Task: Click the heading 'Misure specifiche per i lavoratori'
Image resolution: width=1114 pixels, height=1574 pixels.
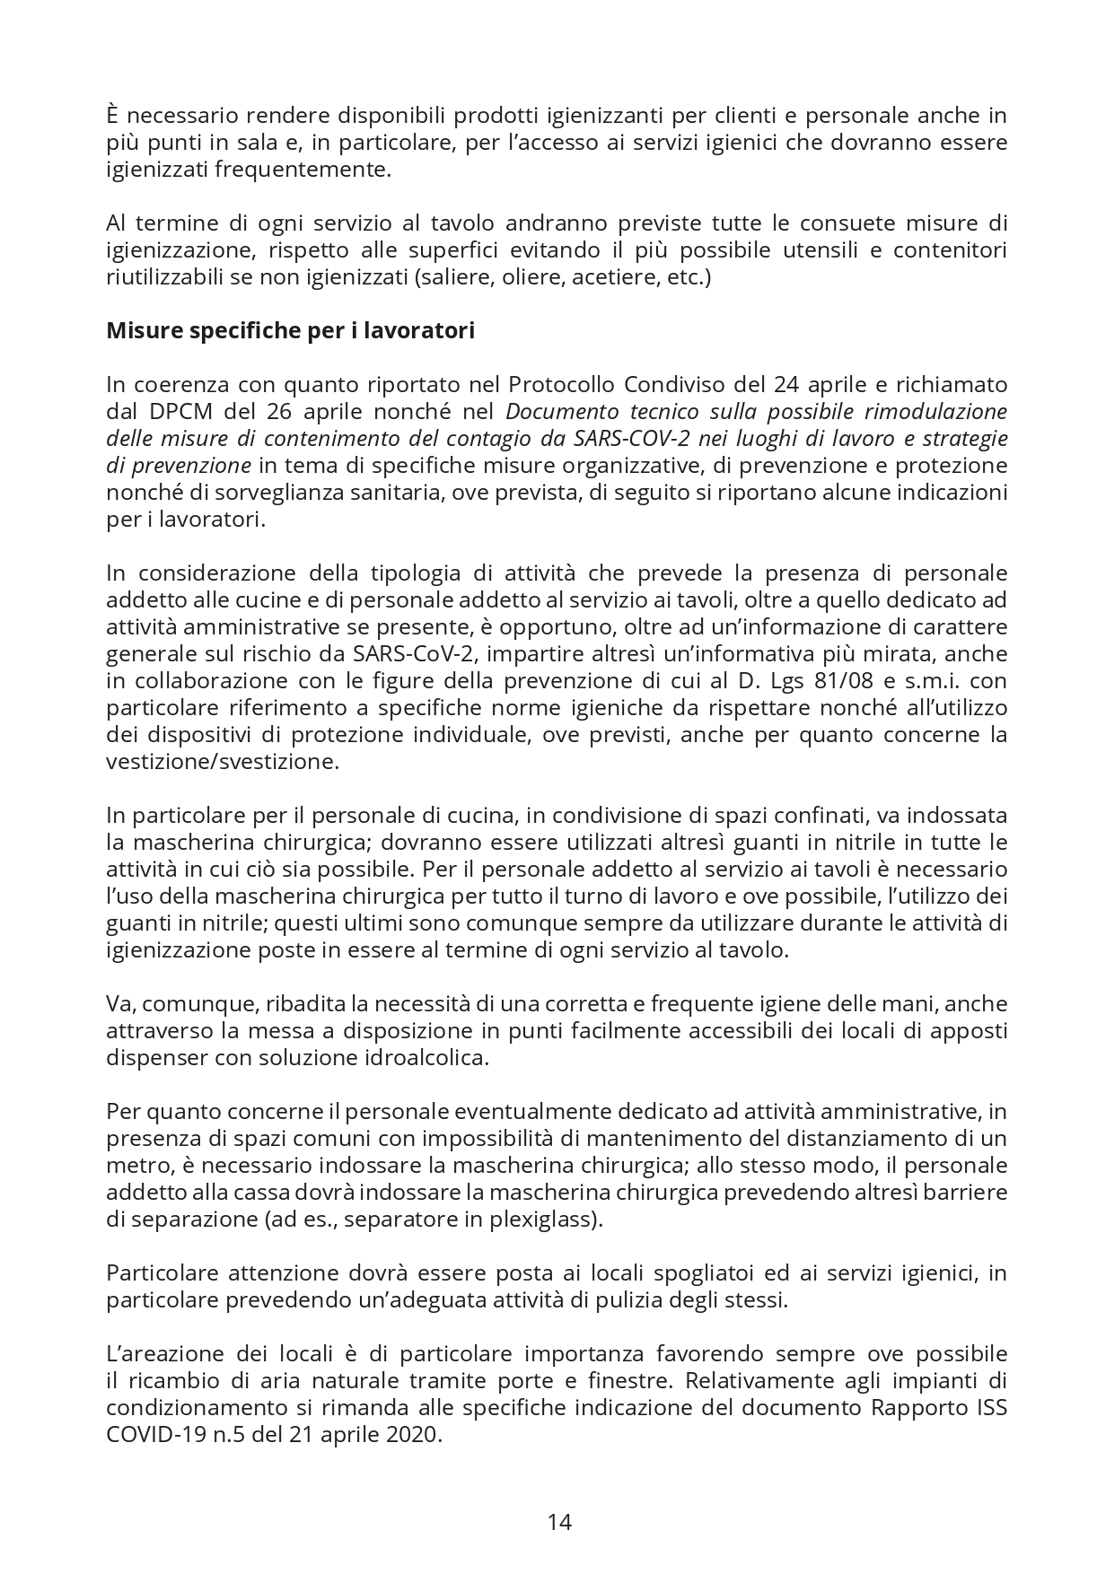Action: pyautogui.click(x=290, y=330)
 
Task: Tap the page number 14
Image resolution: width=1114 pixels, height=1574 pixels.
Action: pyautogui.click(x=559, y=1522)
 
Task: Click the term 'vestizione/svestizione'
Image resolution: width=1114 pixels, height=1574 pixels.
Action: pyautogui.click(x=223, y=762)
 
